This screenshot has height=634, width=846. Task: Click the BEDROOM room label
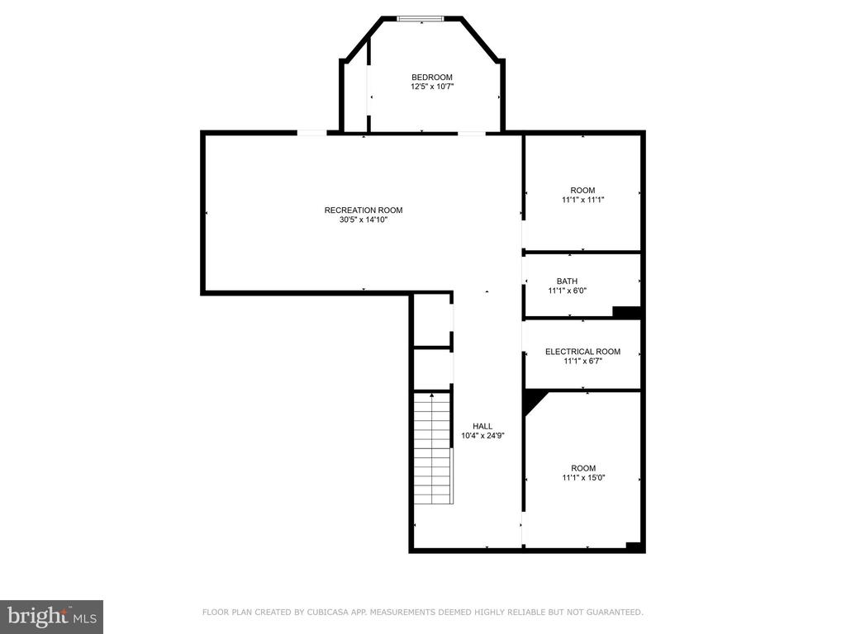[431, 77]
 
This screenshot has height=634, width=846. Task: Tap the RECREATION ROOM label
[364, 211]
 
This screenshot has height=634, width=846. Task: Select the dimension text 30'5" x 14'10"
[364, 220]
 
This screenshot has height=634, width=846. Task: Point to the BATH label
[567, 281]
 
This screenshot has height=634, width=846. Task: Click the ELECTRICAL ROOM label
[582, 352]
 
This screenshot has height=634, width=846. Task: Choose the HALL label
[482, 426]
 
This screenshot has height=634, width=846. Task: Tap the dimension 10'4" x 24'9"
[482, 436]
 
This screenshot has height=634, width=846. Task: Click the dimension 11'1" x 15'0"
[583, 478]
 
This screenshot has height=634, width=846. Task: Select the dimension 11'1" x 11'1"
[582, 200]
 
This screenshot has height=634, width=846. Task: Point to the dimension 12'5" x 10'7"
[431, 87]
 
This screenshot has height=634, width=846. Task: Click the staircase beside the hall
[433, 448]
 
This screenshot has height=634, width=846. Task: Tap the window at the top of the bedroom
[421, 19]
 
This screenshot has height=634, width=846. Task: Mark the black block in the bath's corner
[626, 311]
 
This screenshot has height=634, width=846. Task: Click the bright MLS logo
[51, 617]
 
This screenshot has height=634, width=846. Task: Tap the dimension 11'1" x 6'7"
[582, 362]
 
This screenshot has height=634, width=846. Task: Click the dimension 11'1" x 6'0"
[567, 291]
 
